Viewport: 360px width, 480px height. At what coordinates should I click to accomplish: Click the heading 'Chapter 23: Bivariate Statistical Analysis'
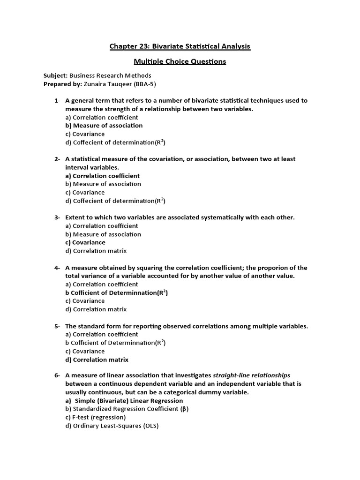[x=180, y=46]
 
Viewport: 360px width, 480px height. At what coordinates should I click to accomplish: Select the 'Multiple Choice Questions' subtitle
[x=180, y=61]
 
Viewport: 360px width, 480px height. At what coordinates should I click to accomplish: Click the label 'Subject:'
[x=55, y=75]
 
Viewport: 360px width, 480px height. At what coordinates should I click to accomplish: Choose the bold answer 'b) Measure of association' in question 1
[x=104, y=126]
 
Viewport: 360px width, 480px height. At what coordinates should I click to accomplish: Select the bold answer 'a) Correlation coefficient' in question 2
[x=103, y=176]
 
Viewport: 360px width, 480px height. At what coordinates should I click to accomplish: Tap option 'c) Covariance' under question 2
[x=85, y=193]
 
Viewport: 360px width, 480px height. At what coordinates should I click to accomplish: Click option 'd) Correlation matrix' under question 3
[x=96, y=251]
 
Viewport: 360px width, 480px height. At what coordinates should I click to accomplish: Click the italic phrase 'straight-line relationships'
[x=252, y=375]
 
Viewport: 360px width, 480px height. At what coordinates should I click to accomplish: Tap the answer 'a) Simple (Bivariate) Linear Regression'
[x=124, y=401]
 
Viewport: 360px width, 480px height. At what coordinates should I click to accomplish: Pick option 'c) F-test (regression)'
[x=96, y=418]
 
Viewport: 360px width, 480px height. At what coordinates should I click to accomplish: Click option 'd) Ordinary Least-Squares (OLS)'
[x=112, y=426]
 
